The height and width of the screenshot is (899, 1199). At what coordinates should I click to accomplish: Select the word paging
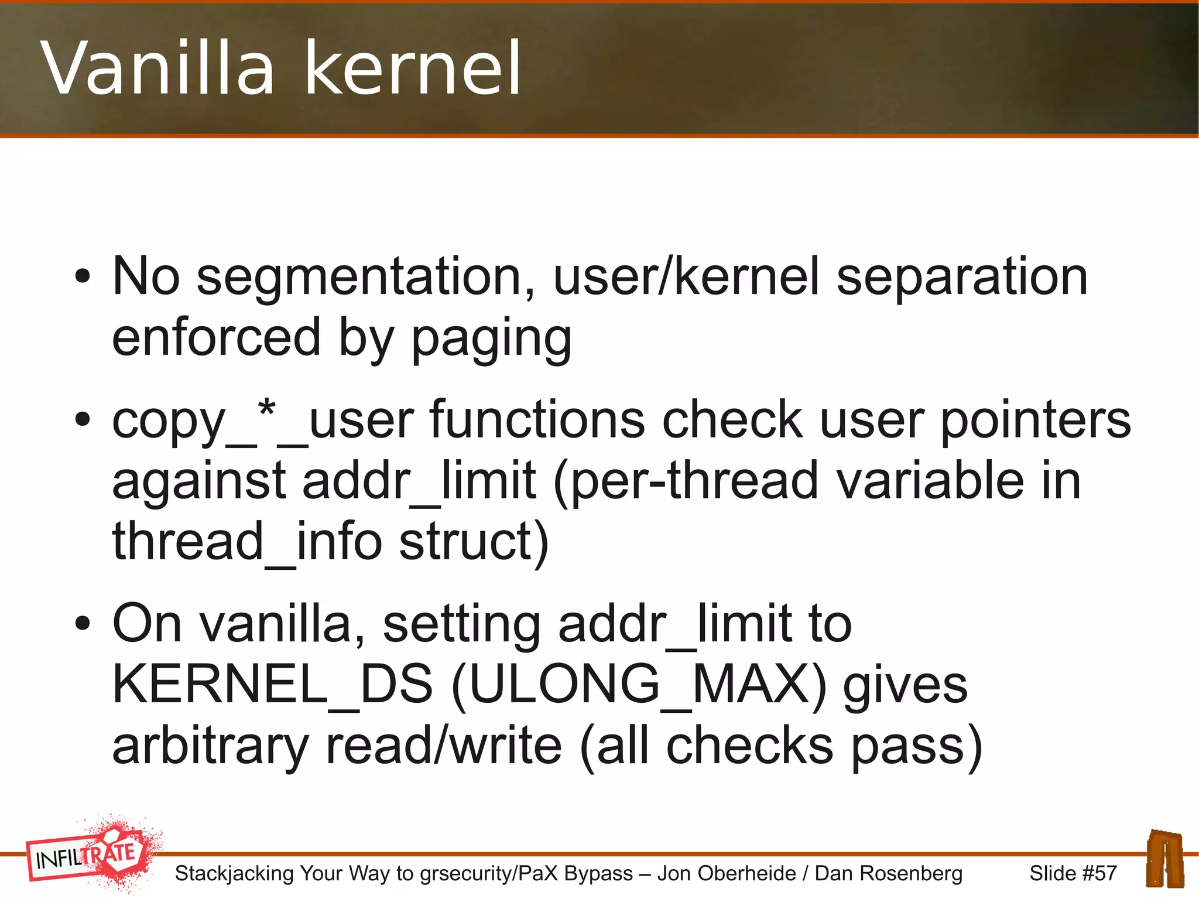coord(491,339)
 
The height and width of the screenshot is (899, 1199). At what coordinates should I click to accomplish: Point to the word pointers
coord(1035,421)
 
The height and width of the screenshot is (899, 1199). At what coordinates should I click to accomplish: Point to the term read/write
coord(444,746)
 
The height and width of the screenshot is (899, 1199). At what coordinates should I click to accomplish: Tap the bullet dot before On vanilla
coord(83,624)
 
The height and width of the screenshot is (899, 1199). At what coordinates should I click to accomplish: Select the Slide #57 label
coord(1073,873)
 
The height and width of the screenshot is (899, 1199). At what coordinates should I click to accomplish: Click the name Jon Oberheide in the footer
coord(727,873)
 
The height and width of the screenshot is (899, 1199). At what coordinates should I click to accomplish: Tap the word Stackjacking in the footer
coord(234,873)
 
